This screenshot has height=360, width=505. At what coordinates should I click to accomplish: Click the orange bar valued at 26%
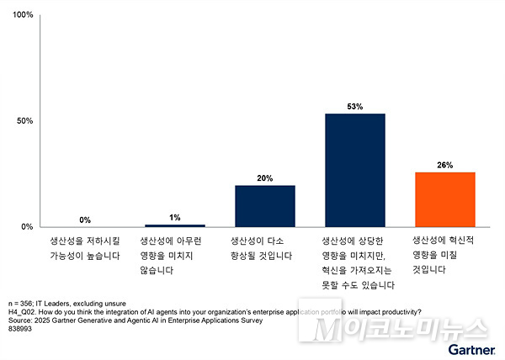(445, 199)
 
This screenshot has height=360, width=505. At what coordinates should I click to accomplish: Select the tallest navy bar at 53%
(354, 170)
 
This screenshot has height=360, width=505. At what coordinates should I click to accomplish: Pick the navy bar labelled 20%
(265, 206)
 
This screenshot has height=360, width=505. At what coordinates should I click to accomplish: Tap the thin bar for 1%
(175, 225)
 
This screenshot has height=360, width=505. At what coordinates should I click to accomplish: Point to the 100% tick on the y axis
(24, 15)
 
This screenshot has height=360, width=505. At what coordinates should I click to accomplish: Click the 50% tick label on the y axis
(26, 121)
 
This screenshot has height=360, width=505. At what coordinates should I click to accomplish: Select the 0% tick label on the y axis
(28, 227)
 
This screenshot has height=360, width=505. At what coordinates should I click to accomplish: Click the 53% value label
(354, 107)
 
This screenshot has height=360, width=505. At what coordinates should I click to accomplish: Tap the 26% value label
(445, 166)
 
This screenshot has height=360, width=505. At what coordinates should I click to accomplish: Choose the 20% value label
(265, 178)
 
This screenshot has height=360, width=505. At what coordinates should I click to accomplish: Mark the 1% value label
(175, 218)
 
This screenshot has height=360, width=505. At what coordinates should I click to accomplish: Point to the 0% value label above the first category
(85, 220)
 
